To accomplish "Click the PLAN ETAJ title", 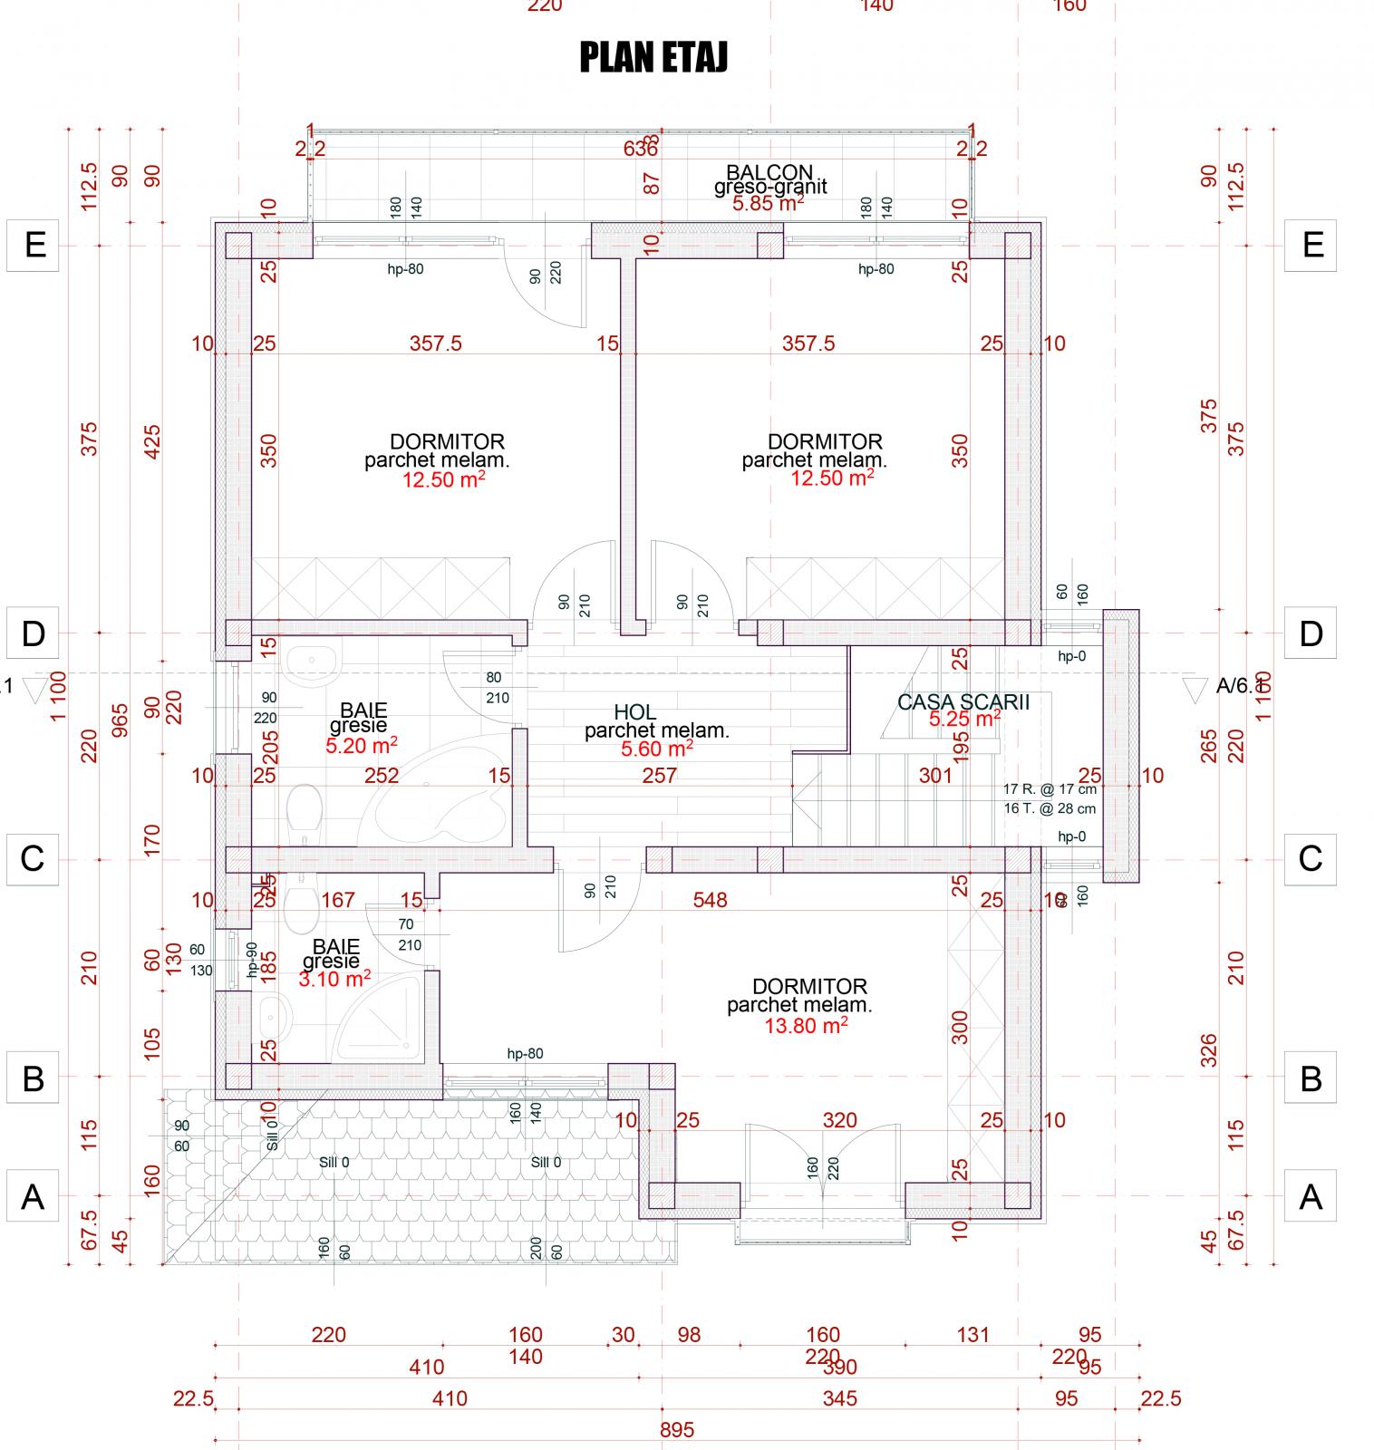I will (x=653, y=58).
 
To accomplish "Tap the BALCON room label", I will (x=769, y=172).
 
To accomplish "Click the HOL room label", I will (x=634, y=712).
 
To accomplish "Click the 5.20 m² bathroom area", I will (x=361, y=745).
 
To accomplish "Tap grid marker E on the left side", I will (x=34, y=245).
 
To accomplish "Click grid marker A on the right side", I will (x=1311, y=1197).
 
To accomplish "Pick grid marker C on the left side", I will (x=33, y=857).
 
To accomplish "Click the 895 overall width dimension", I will (x=677, y=1430).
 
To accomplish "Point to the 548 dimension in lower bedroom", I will (x=710, y=900).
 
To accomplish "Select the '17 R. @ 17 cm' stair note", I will (x=1050, y=789).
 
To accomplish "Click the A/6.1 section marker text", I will (x=1239, y=687).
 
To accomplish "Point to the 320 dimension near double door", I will (x=839, y=1120).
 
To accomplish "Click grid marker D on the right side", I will (x=1311, y=633).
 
